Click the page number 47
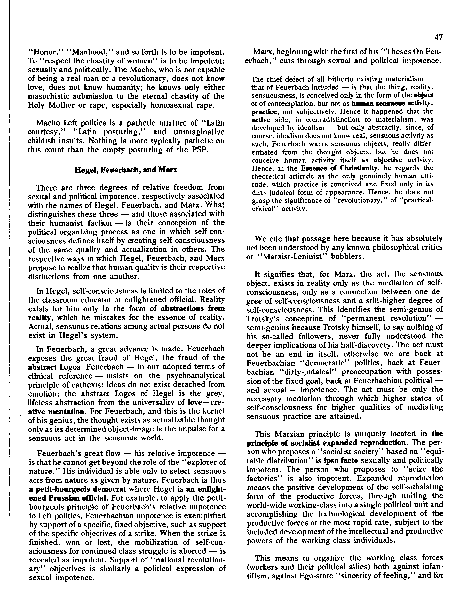(x=438, y=37)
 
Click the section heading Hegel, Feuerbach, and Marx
(x=126, y=170)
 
